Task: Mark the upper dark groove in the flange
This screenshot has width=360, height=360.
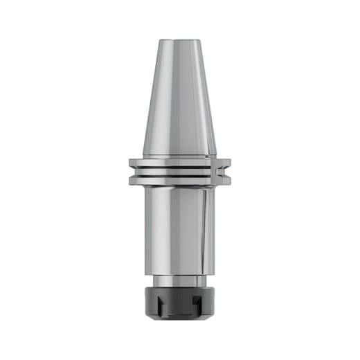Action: [x=179, y=168]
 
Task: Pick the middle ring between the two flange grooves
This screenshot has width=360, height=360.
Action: [x=179, y=172]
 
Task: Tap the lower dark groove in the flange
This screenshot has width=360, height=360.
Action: [x=179, y=177]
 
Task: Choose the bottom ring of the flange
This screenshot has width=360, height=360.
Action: [x=179, y=182]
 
